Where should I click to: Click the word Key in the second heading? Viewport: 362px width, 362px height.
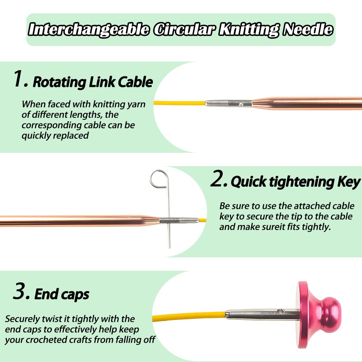point(348,182)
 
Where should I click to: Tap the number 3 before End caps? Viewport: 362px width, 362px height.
point(20,292)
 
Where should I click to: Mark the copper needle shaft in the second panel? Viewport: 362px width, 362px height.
point(72,221)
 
